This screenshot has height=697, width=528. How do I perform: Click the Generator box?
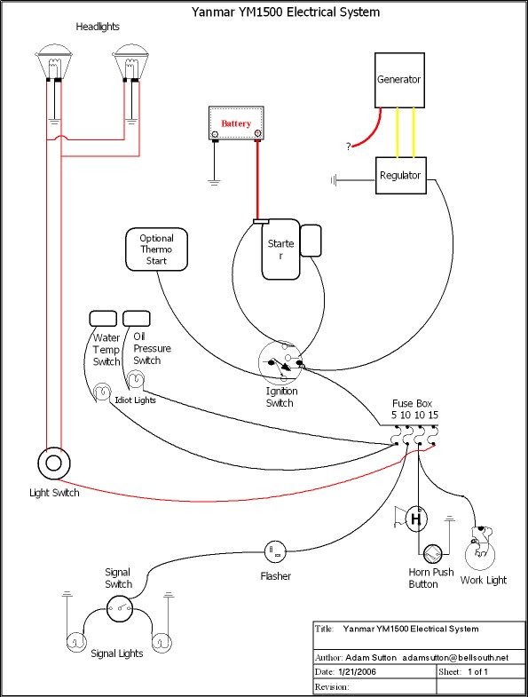(x=399, y=80)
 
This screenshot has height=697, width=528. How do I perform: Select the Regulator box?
(x=401, y=175)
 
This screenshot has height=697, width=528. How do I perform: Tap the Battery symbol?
(x=236, y=123)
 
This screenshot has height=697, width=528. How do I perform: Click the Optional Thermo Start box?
(x=156, y=249)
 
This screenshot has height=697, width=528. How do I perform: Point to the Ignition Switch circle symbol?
(x=280, y=362)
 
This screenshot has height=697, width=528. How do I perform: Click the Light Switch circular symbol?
(x=54, y=463)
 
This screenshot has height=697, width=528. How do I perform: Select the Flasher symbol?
(x=276, y=551)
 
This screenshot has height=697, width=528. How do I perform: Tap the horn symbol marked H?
(x=415, y=519)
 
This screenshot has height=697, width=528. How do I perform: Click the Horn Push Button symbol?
(x=432, y=554)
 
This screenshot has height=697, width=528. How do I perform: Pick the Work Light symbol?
(x=480, y=548)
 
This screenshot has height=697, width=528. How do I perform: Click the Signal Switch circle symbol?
(x=119, y=608)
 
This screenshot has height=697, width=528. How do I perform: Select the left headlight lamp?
(x=54, y=63)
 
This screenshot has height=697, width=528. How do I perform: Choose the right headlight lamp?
(x=131, y=63)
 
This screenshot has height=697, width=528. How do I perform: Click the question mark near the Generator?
(x=349, y=147)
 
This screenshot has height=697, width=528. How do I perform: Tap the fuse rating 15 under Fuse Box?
(x=433, y=416)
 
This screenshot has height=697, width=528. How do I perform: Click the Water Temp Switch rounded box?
(x=103, y=319)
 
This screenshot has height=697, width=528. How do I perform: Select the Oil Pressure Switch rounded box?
(x=137, y=319)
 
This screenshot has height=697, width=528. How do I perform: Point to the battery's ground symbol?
(x=214, y=181)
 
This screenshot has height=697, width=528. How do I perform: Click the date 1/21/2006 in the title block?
(x=357, y=671)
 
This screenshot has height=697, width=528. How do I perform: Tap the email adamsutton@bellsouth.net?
(x=455, y=657)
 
